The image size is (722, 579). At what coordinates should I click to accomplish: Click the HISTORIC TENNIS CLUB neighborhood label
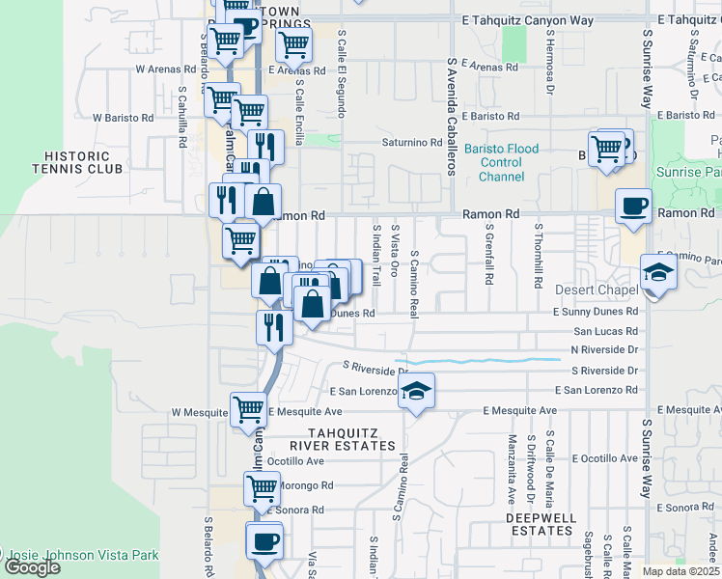[84, 162]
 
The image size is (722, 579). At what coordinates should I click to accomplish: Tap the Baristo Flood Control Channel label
[501, 162]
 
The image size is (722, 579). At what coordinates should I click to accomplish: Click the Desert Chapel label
[597, 290]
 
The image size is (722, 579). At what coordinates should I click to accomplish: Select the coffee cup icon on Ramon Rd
[633, 206]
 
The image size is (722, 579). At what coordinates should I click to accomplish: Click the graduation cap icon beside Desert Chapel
[658, 273]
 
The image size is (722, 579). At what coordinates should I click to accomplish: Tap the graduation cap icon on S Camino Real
[416, 391]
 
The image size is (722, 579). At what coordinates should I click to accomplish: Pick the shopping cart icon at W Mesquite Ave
[248, 410]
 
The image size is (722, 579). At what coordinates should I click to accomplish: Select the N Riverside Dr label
[605, 349]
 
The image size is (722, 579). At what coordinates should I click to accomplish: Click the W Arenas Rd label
[166, 69]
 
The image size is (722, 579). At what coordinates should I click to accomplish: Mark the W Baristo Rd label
[123, 118]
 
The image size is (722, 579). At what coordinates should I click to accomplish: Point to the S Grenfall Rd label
[489, 258]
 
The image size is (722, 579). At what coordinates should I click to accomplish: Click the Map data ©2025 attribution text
[680, 571]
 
